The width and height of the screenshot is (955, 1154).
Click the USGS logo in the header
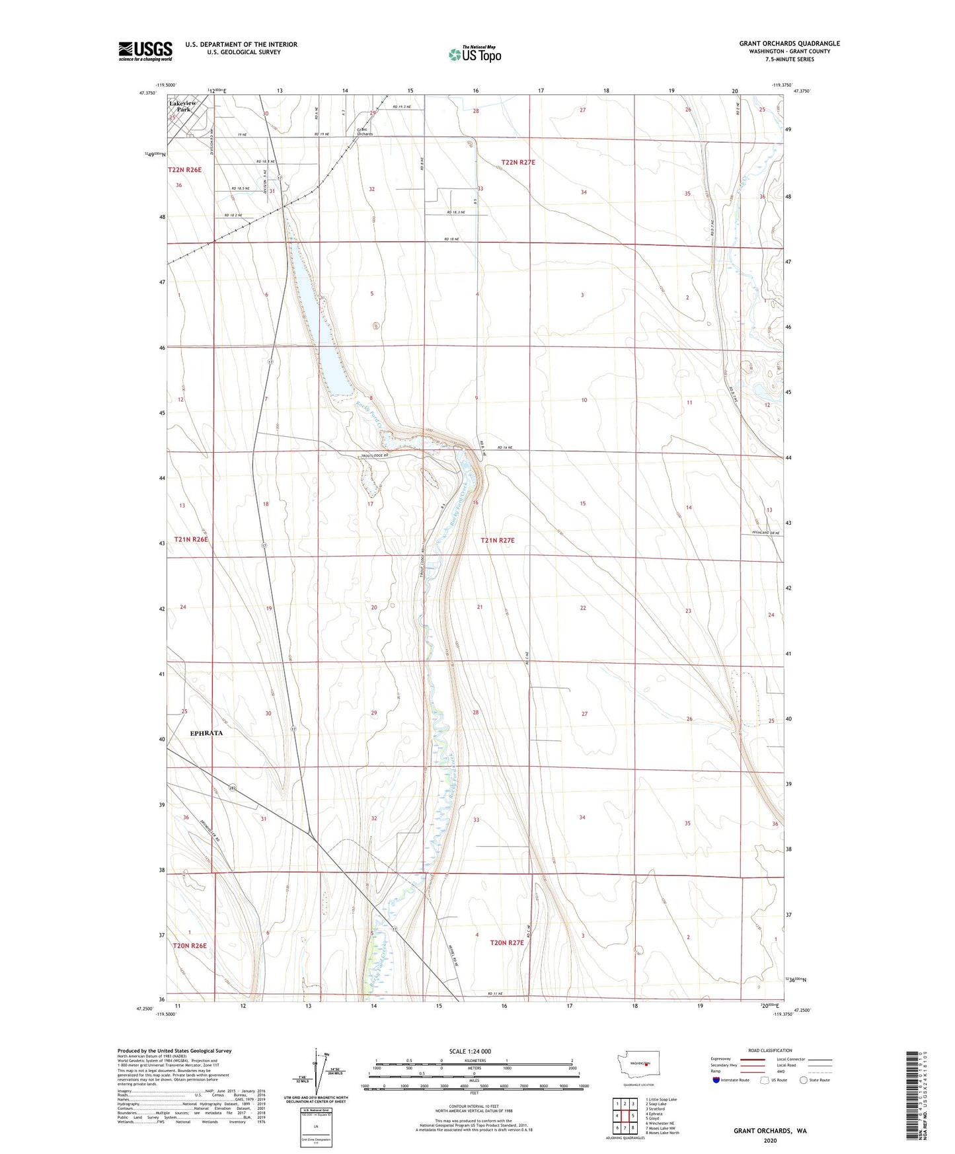pyautogui.click(x=145, y=51)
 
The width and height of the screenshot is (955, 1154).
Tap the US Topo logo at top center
pyautogui.click(x=475, y=54)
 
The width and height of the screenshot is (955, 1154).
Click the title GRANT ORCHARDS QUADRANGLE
pyautogui.click(x=789, y=44)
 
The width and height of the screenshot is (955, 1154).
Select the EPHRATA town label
pyautogui.click(x=206, y=733)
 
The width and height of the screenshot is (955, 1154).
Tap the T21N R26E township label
pyautogui.click(x=191, y=539)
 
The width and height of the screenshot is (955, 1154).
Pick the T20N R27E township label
pyautogui.click(x=506, y=942)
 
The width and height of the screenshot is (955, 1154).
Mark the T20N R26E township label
pyautogui.click(x=190, y=945)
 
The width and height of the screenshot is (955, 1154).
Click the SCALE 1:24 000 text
pyautogui.click(x=470, y=1051)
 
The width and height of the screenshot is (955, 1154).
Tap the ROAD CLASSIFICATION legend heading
pyautogui.click(x=770, y=1050)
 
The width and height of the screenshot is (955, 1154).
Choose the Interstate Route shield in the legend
pyautogui.click(x=717, y=1080)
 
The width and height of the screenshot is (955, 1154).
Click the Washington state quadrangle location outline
pyautogui.click(x=638, y=1081)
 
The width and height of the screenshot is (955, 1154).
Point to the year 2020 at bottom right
pyautogui.click(x=770, y=1140)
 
